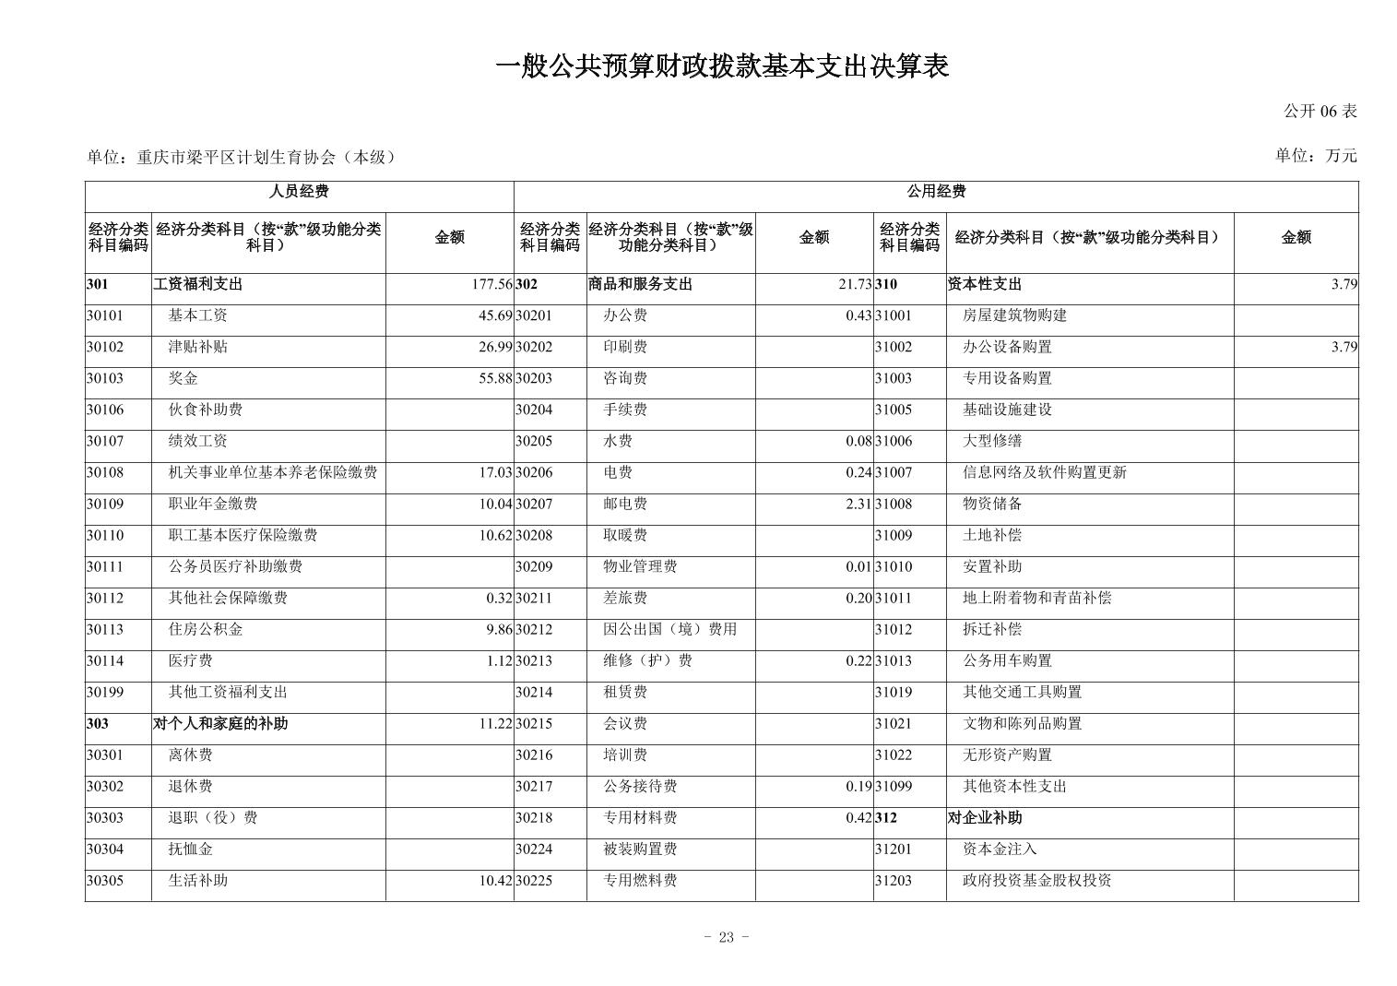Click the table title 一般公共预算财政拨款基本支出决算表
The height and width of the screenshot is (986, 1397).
click(x=722, y=66)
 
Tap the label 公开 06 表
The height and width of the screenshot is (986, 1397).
click(x=1320, y=112)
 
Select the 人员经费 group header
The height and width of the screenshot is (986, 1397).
click(x=299, y=192)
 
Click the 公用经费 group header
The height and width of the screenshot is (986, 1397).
click(x=936, y=192)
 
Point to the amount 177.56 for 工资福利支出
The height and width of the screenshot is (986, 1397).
click(x=491, y=285)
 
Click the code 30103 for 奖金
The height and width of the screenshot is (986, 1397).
click(x=105, y=379)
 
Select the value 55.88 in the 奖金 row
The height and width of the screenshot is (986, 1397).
click(x=495, y=379)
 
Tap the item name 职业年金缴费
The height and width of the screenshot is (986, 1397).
click(x=212, y=505)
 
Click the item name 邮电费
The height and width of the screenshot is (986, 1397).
click(x=625, y=505)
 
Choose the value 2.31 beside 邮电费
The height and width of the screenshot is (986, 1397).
click(x=858, y=505)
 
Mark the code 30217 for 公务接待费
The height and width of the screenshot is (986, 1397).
click(x=534, y=787)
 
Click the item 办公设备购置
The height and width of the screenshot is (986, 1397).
click(x=1007, y=348)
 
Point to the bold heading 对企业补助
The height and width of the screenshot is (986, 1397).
click(x=985, y=818)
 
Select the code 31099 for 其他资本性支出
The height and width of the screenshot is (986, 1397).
click(x=894, y=787)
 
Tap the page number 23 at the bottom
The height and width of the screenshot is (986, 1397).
click(x=726, y=938)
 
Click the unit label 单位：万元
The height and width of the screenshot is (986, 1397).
click(x=1316, y=156)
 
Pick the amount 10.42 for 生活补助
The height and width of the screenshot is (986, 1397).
click(x=495, y=881)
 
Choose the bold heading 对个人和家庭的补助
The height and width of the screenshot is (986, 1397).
click(x=220, y=724)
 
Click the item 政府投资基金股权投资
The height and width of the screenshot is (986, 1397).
click(x=1036, y=881)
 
